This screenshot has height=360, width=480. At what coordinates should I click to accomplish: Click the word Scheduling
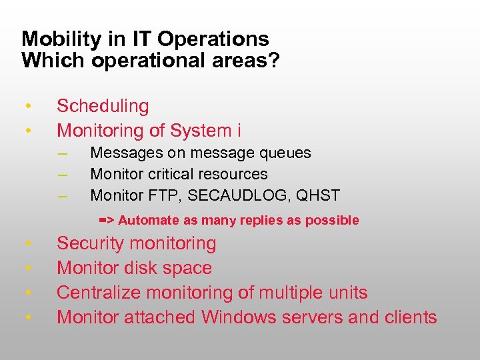(103, 106)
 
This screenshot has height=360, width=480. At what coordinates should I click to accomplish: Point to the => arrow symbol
(106, 219)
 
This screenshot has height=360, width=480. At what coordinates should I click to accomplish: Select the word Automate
(149, 220)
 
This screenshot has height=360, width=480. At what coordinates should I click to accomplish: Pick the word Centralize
(99, 293)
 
